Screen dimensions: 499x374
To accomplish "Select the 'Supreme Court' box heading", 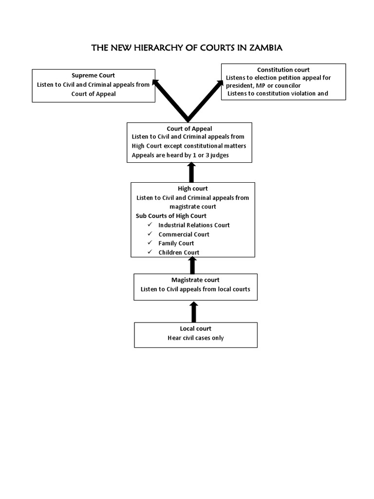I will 93,75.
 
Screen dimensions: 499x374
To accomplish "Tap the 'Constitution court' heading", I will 283,70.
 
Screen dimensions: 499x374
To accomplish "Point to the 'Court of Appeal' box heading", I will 189,129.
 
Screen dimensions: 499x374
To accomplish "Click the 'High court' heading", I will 192,188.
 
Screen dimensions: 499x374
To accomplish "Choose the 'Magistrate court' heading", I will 195,280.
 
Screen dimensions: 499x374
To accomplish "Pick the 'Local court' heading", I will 195,328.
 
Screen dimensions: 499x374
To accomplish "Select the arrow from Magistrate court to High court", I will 192,265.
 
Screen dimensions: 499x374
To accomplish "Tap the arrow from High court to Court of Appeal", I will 191,172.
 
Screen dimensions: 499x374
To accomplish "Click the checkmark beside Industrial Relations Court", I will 150,225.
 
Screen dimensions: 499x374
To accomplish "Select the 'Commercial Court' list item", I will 184,234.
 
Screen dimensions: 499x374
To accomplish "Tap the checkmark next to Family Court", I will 150,243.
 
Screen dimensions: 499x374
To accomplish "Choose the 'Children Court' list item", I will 179,252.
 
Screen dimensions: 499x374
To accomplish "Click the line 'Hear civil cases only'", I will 195,338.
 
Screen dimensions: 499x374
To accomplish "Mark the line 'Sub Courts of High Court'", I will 171,215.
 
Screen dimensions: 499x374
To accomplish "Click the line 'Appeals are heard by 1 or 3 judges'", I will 180,155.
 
